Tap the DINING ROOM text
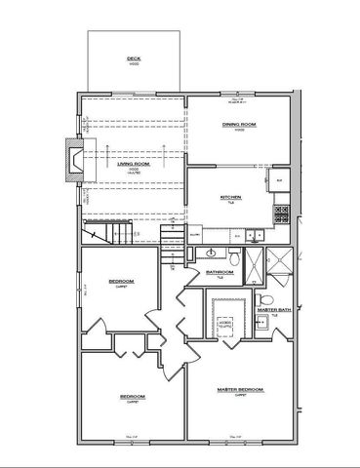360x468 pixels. pyautogui.click(x=238, y=124)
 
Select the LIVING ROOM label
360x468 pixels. pyautogui.click(x=134, y=165)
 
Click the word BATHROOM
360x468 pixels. pyautogui.click(x=219, y=271)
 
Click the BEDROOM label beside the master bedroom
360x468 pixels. pyautogui.click(x=133, y=396)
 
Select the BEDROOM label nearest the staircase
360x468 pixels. pyautogui.click(x=122, y=282)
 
